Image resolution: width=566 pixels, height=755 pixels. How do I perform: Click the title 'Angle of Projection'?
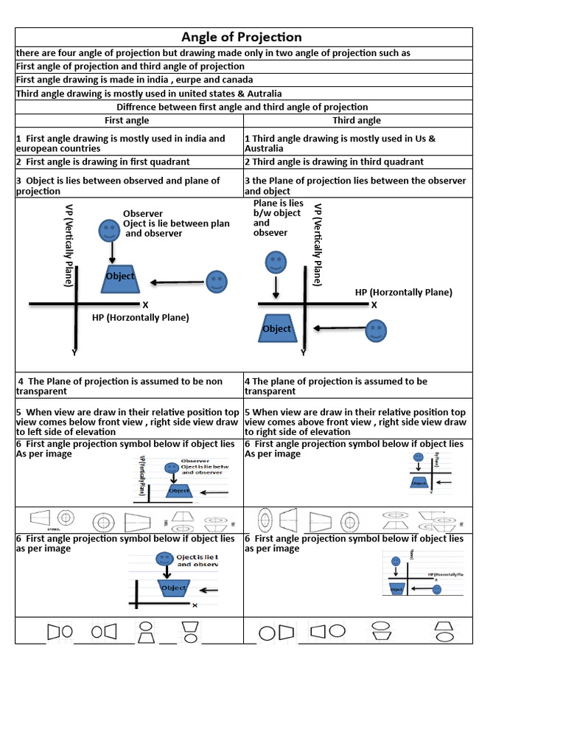click(x=242, y=38)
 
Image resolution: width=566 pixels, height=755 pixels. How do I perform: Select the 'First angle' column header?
click(x=127, y=120)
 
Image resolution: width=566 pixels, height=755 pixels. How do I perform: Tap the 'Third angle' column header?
click(x=357, y=120)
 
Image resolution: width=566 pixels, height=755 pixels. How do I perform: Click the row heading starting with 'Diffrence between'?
click(x=242, y=107)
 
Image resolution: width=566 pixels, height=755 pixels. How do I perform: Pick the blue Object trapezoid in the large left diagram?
click(x=121, y=276)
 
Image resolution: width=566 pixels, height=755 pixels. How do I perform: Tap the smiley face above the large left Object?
click(x=110, y=229)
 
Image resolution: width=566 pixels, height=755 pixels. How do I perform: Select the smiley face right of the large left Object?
click(x=216, y=280)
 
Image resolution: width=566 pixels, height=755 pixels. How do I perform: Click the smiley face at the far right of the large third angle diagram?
click(x=376, y=330)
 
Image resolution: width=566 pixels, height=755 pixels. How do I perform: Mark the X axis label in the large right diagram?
click(x=374, y=305)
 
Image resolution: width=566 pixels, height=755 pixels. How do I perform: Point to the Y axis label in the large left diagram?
click(x=74, y=353)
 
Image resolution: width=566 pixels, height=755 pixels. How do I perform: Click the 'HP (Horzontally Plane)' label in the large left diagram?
click(x=140, y=317)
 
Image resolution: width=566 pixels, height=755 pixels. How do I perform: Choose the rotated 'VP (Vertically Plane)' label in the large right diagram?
click(x=318, y=245)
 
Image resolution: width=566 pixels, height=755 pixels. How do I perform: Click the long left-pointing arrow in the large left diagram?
click(x=177, y=282)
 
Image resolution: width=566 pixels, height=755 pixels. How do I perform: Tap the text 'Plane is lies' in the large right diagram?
click(x=278, y=203)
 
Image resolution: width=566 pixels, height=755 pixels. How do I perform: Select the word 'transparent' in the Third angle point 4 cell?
click(x=270, y=392)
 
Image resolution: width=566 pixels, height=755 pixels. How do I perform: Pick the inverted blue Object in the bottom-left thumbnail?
click(x=174, y=588)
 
